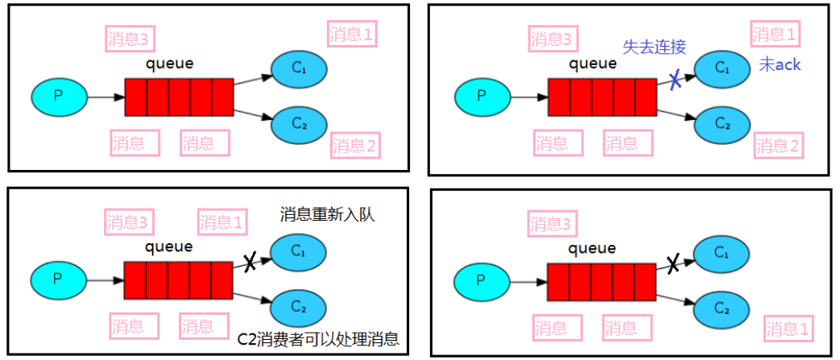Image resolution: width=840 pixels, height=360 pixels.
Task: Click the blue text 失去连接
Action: [654, 46]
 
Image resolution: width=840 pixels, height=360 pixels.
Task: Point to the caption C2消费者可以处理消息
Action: [318, 338]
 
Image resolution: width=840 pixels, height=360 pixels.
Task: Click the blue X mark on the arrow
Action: [676, 78]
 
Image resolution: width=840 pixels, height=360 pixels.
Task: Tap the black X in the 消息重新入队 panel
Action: [250, 261]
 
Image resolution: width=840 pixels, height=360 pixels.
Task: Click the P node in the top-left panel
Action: [58, 96]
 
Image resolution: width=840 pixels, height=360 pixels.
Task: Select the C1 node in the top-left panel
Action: [299, 68]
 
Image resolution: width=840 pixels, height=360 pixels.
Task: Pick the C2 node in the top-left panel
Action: [299, 123]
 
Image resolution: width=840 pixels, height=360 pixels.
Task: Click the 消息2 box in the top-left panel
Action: [355, 146]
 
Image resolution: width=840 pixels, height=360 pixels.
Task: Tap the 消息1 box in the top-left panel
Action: [353, 34]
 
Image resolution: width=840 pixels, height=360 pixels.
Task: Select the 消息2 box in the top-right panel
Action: [778, 146]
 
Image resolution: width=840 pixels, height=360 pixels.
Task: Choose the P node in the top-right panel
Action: [482, 96]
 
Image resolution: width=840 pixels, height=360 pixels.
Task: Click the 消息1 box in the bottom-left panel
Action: [222, 222]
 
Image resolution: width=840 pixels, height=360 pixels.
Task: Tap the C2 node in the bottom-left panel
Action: [299, 306]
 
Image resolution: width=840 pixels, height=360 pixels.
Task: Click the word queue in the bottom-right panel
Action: [592, 248]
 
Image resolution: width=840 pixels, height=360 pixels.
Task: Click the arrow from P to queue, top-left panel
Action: [106, 97]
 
